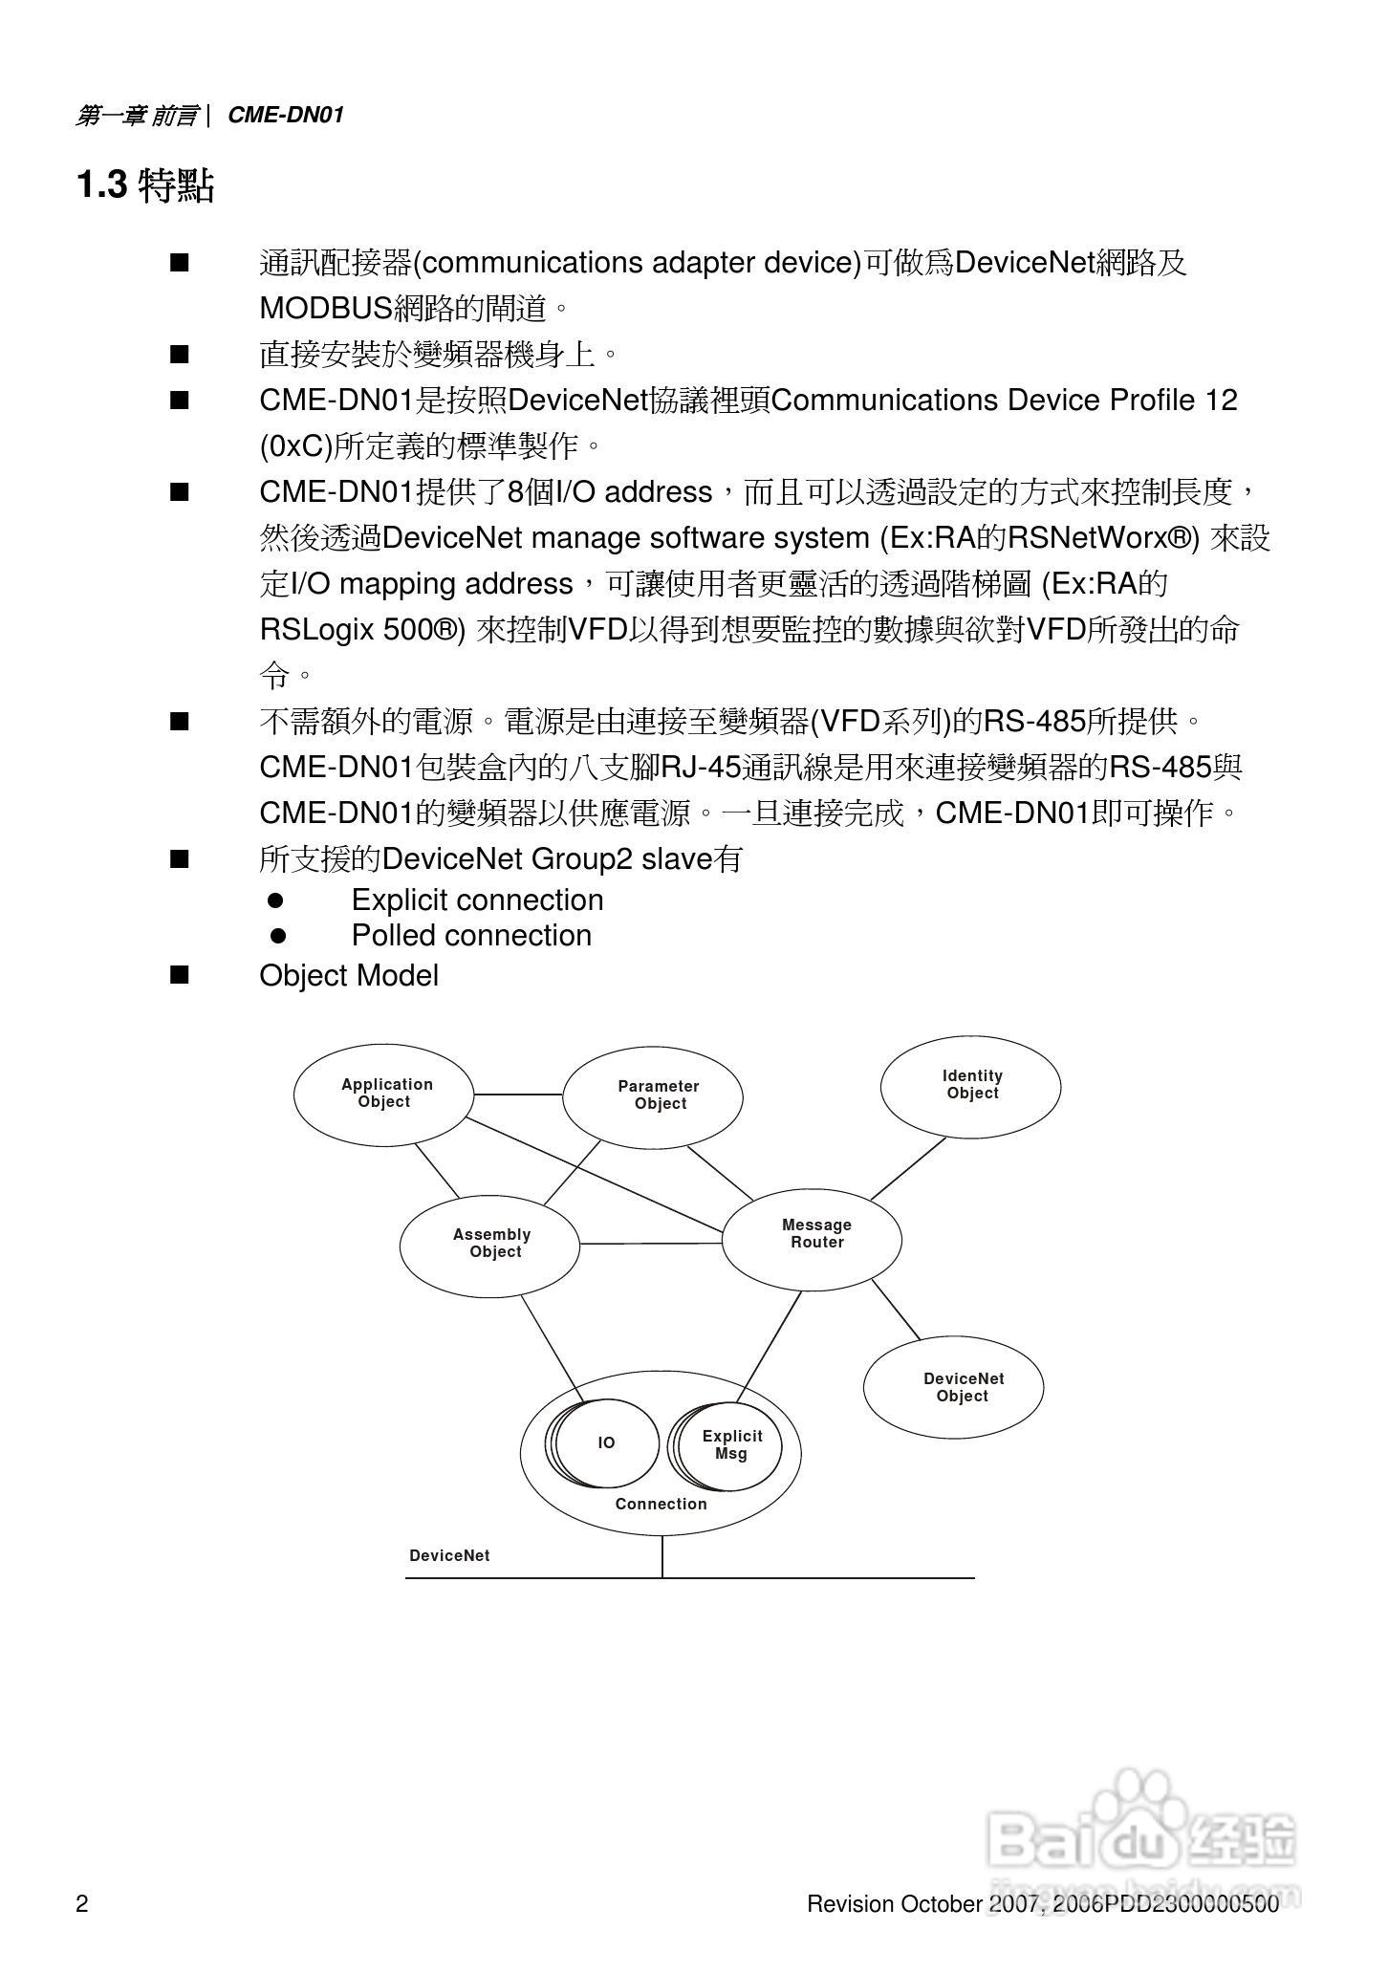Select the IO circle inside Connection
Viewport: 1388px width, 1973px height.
[607, 1442]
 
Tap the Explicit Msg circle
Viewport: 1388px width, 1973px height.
[731, 1444]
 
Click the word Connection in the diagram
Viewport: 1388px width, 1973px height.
[661, 1504]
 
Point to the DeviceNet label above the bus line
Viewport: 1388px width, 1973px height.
[449, 1555]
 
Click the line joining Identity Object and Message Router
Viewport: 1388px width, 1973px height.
[908, 1168]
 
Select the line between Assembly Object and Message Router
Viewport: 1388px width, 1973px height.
[650, 1244]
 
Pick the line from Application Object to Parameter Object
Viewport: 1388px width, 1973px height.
[517, 1095]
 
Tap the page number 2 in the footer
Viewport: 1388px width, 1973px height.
[82, 1904]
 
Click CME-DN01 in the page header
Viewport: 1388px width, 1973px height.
[285, 116]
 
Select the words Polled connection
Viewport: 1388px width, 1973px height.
[471, 935]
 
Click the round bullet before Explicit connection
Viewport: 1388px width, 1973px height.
[276, 900]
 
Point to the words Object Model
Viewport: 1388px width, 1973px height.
[349, 976]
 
